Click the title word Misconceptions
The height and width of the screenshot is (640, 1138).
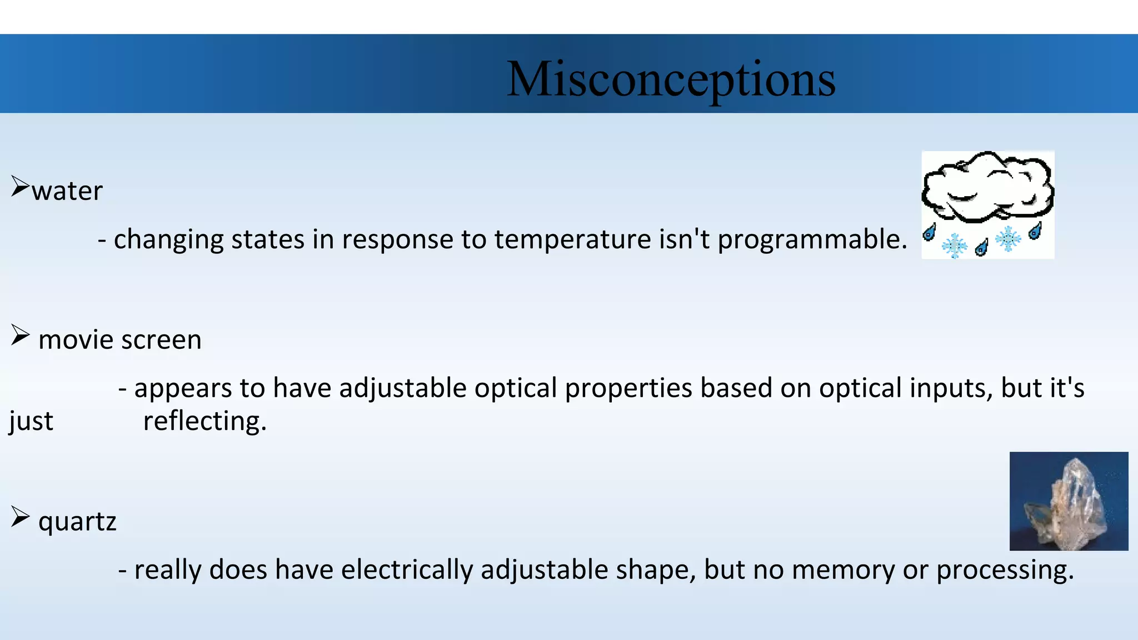[671, 79]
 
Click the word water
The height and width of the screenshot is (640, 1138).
[67, 191]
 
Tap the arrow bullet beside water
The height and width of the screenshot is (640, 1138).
[19, 187]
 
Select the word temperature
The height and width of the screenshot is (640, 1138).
[572, 240]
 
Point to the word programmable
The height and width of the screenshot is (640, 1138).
[812, 240]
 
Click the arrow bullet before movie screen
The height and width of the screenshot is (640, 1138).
[19, 335]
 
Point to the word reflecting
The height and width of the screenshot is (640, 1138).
[204, 421]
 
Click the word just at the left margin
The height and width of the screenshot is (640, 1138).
[31, 421]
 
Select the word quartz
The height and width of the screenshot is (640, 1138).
[77, 522]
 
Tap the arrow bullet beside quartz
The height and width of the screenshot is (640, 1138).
[19, 517]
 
